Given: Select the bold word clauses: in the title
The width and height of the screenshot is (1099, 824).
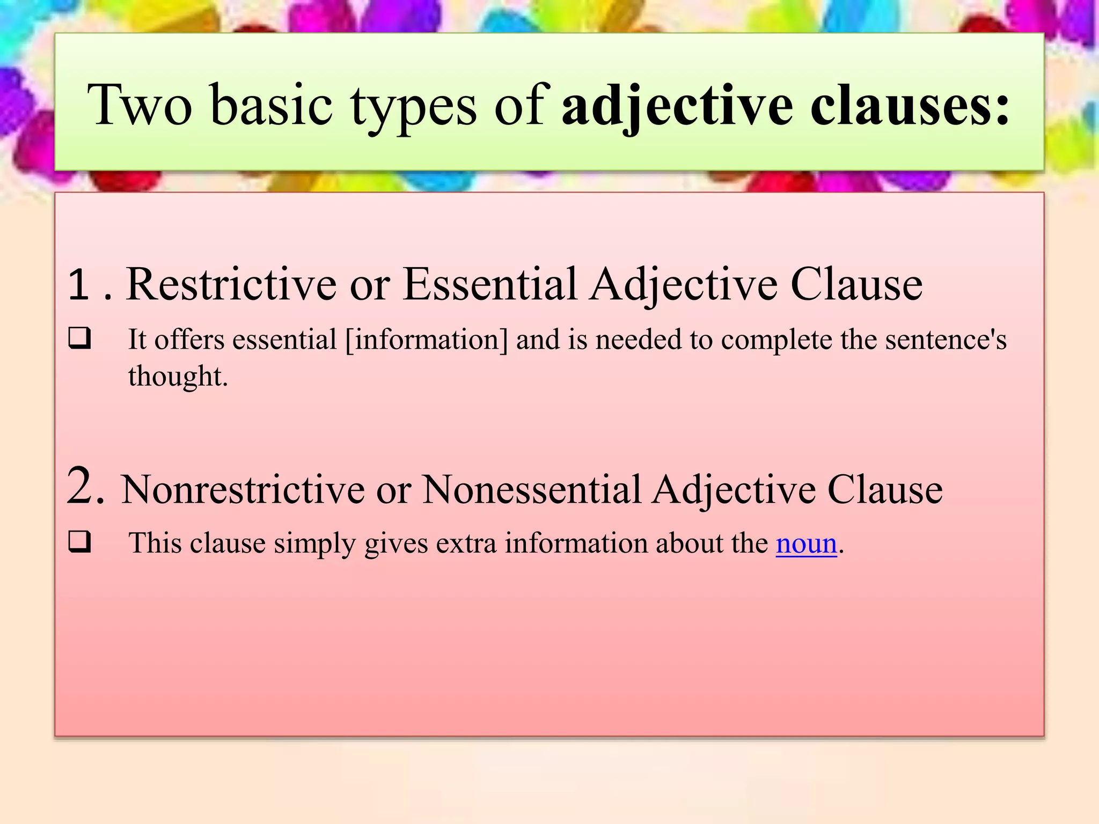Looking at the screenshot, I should [x=910, y=105].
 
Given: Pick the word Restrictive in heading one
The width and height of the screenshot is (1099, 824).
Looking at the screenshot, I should [x=231, y=284].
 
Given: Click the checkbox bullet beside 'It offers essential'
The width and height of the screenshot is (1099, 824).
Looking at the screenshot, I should [x=79, y=339].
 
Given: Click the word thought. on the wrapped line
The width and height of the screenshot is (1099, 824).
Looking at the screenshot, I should [x=178, y=376].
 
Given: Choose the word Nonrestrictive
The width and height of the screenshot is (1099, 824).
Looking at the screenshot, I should [x=243, y=489].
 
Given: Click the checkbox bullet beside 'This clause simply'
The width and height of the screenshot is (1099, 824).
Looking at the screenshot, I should [x=79, y=542].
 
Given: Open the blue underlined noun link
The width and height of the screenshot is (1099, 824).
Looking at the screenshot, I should [x=806, y=543].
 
